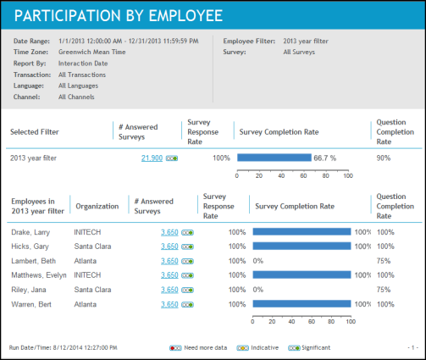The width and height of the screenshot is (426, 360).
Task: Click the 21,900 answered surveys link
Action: (152, 158)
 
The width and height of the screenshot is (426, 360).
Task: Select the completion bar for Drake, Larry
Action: (302, 232)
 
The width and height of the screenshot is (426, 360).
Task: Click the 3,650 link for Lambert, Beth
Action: (169, 261)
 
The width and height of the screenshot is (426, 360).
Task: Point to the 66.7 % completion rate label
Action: (325, 158)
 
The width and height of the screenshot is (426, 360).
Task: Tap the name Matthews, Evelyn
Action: (39, 275)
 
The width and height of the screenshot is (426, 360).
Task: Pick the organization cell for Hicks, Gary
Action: (92, 246)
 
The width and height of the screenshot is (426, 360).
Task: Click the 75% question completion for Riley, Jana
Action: (384, 290)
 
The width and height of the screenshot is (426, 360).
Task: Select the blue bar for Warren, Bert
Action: (302, 304)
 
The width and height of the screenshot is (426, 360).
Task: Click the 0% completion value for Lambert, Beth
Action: (258, 261)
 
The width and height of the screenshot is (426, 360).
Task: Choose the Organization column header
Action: (97, 207)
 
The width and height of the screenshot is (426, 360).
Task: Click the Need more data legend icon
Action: (175, 348)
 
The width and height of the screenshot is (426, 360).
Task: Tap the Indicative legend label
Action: (265, 347)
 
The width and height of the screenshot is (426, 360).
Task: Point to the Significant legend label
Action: (316, 347)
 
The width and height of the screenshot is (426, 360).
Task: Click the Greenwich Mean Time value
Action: (92, 52)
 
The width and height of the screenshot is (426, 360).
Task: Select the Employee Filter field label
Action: (249, 41)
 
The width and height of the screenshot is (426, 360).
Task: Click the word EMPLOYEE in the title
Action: (185, 15)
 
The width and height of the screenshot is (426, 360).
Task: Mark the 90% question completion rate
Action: (384, 158)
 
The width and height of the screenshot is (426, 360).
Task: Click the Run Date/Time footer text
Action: (63, 347)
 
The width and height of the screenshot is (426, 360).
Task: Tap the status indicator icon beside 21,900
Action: (172, 158)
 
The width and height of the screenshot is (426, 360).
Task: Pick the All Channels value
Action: (76, 97)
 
